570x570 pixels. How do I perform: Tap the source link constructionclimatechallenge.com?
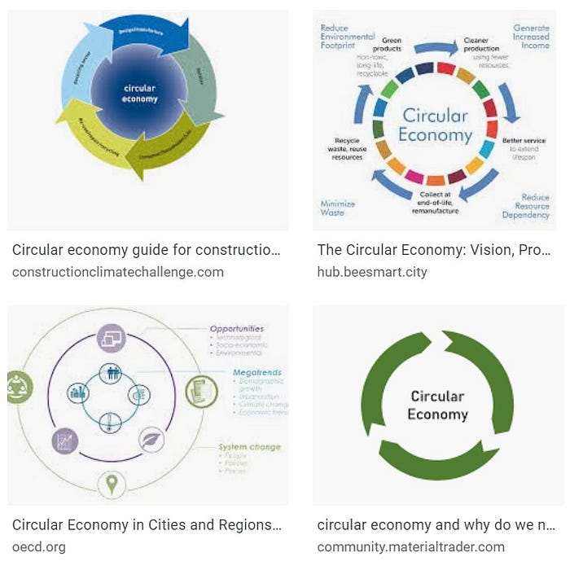pos(118,272)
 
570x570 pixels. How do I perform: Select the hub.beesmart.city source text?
pos(372,272)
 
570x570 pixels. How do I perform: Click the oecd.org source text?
pos(39,547)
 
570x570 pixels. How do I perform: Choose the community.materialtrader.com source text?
pos(410,547)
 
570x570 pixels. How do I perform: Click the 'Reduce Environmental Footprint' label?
pos(348,37)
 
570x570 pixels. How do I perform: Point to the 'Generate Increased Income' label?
pos(531,37)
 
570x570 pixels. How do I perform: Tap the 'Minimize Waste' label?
pos(338,208)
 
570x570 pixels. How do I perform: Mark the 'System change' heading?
pos(249,447)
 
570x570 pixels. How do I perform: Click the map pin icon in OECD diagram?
pos(110,484)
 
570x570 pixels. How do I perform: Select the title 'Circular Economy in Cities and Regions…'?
pos(147,525)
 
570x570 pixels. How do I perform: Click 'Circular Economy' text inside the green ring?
pos(437,405)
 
